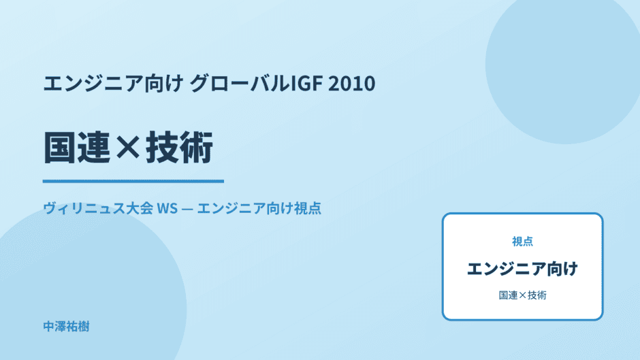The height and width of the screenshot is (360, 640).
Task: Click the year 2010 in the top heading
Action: [352, 83]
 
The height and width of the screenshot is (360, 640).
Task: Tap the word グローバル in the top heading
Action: [240, 83]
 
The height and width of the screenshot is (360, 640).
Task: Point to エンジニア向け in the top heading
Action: [113, 83]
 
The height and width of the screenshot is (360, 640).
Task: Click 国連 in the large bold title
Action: [77, 148]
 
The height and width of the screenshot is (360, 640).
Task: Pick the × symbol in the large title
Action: [128, 148]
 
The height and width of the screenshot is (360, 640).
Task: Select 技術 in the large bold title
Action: [180, 148]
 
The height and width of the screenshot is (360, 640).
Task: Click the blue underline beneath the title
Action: [133, 181]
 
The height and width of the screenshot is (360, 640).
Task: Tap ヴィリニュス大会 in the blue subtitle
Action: [98, 208]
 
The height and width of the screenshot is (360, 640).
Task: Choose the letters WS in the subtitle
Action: [167, 208]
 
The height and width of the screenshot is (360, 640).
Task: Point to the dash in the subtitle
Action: [187, 209]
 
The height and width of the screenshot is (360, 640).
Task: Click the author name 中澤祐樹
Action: [66, 327]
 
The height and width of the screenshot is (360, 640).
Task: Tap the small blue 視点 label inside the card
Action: [522, 242]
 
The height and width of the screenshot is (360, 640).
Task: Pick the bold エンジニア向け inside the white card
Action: [522, 269]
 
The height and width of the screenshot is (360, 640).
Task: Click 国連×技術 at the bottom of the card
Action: [522, 295]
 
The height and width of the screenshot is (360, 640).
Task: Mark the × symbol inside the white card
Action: [522, 295]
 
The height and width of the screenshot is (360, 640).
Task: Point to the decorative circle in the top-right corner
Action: [563, 65]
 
